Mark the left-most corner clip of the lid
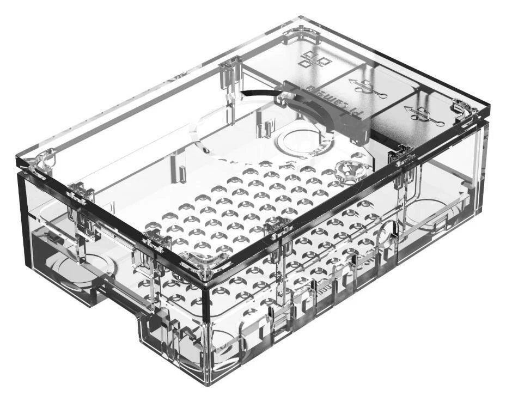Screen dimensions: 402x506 click(34, 162)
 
